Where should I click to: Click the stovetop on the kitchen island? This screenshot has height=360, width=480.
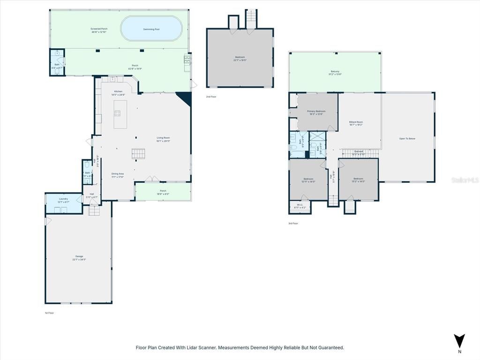(117, 113)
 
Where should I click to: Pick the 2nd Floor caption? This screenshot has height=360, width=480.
(211, 97)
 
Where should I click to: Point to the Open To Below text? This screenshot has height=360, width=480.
(407, 139)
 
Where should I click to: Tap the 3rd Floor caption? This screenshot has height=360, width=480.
(293, 224)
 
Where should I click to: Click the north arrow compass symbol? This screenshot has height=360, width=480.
(459, 341)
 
